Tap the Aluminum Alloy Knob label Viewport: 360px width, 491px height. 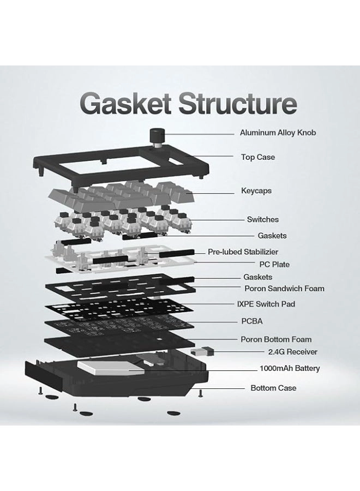(278, 133)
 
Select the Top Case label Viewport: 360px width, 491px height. (257, 157)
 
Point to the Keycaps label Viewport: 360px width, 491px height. (256, 191)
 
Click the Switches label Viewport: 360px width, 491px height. (262, 219)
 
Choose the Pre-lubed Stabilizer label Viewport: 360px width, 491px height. (243, 252)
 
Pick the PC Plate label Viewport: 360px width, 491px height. (274, 265)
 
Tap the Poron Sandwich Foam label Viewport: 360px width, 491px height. (284, 288)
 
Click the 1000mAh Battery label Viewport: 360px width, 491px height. (289, 368)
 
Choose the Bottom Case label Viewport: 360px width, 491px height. (273, 388)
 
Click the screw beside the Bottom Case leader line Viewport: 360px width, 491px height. (201, 393)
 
